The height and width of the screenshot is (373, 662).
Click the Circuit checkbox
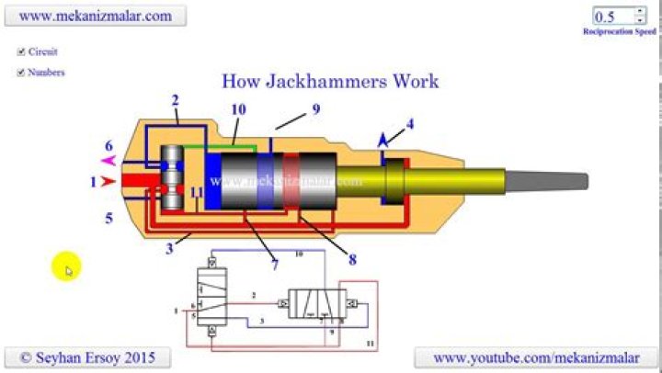(21, 52)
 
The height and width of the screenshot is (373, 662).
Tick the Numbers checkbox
(21, 73)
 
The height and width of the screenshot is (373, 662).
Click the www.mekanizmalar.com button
(96, 16)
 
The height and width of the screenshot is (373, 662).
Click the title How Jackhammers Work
(330, 81)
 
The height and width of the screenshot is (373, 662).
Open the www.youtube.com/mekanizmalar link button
(536, 356)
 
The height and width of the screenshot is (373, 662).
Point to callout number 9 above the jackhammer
(314, 108)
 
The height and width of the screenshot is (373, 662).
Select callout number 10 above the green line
(238, 109)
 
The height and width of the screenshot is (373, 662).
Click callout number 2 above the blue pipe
(175, 100)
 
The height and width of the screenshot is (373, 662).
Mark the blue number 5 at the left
(108, 218)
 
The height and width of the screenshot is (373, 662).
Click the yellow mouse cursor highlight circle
(65, 267)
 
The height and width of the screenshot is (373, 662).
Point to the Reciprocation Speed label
(619, 31)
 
